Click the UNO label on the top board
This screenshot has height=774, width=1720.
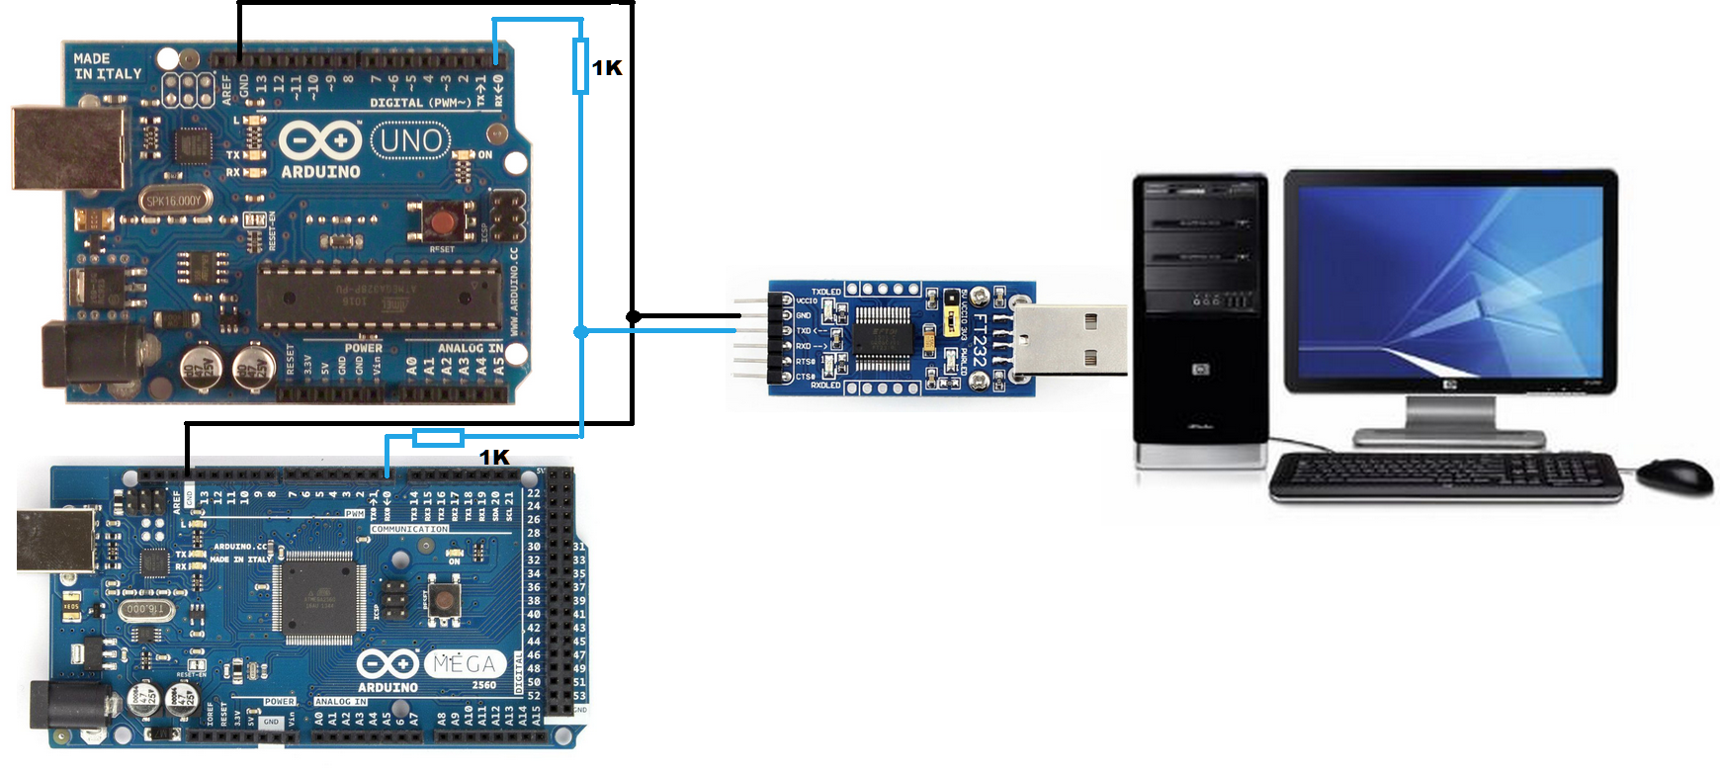[410, 140]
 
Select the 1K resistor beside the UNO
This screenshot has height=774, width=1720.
[581, 66]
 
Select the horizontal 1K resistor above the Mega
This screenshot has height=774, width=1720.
[438, 437]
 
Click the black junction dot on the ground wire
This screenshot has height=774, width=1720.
[633, 316]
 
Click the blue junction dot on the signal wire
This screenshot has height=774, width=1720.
[581, 332]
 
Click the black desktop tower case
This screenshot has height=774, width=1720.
[1200, 316]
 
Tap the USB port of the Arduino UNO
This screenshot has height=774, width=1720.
[69, 148]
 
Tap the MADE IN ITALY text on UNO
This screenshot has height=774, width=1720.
[108, 66]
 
